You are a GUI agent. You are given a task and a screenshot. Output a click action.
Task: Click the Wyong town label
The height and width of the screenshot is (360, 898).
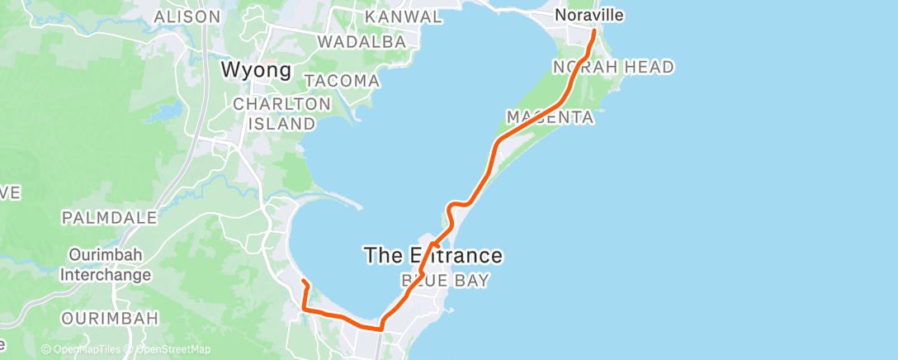tap(257, 70)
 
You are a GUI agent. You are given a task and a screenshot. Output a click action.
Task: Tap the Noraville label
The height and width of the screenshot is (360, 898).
tap(588, 15)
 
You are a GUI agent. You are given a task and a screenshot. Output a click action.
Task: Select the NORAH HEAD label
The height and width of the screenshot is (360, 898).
tap(613, 67)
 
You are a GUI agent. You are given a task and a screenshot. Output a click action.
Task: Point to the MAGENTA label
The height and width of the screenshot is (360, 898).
tap(551, 117)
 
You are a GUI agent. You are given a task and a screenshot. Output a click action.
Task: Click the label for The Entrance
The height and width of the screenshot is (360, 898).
tap(433, 255)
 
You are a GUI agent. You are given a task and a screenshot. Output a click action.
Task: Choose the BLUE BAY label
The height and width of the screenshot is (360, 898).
tap(445, 281)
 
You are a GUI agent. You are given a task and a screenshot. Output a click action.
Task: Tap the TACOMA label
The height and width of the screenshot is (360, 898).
tap(343, 82)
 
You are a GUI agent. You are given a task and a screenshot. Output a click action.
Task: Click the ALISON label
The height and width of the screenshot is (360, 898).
tap(187, 17)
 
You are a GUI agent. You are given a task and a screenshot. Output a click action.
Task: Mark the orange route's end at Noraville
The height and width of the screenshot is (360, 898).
tap(594, 31)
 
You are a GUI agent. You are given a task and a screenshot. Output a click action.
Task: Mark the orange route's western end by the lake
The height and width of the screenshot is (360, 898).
tap(304, 282)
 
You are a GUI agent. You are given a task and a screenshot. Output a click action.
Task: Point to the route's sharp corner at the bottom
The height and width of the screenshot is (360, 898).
tap(380, 328)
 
